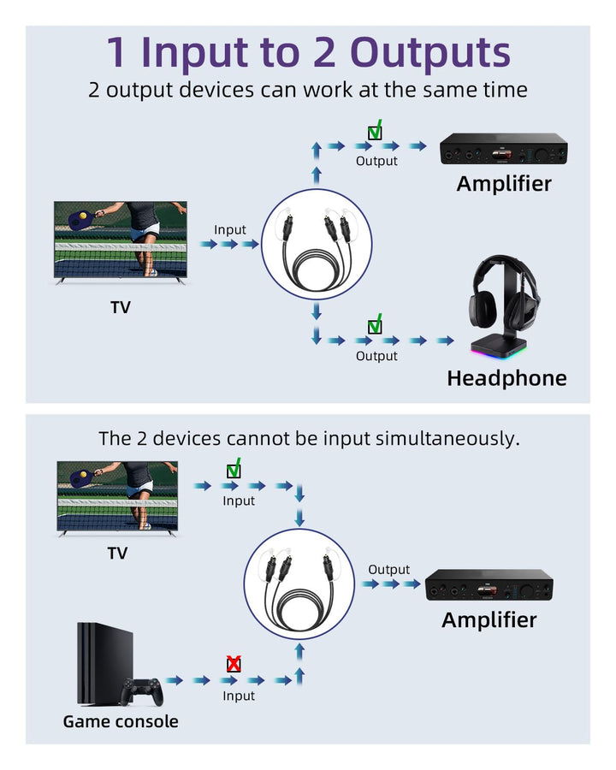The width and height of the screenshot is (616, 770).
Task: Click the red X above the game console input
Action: (x=233, y=664)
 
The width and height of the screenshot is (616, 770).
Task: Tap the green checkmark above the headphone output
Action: (x=375, y=325)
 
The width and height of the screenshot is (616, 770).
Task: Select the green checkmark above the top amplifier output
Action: (x=375, y=132)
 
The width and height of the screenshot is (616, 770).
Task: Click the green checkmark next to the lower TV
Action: (x=234, y=470)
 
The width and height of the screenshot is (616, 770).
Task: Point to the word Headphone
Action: (x=506, y=378)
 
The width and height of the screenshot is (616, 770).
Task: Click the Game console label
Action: (x=121, y=721)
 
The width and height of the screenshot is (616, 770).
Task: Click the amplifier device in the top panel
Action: (x=504, y=151)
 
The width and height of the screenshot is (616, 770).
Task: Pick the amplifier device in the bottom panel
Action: (x=489, y=586)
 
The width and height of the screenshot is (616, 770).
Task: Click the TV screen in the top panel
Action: (x=120, y=239)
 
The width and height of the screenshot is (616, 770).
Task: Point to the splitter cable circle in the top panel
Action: (x=317, y=244)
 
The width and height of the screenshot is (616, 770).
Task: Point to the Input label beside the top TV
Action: (x=229, y=229)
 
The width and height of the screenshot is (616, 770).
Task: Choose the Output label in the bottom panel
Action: (x=389, y=570)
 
